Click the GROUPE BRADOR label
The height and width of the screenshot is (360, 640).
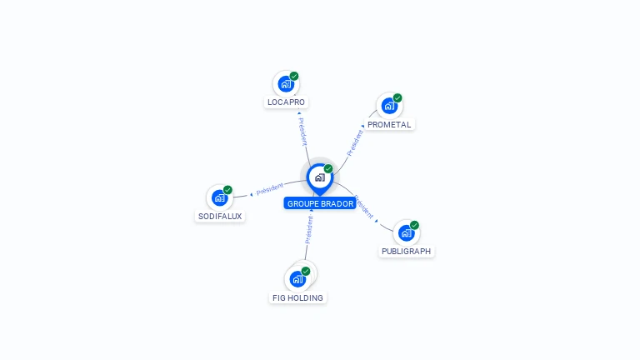click(320, 203)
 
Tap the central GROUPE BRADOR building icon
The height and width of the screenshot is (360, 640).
click(319, 177)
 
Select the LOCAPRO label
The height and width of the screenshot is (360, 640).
click(286, 102)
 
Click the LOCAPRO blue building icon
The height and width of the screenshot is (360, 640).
click(286, 84)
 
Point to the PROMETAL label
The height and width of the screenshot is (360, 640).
click(389, 124)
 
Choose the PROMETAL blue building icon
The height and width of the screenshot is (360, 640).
click(389, 106)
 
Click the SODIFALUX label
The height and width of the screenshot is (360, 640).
click(220, 216)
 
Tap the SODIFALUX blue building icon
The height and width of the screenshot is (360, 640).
click(219, 197)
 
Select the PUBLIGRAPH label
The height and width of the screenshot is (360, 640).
click(407, 251)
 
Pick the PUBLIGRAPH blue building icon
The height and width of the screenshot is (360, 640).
click(406, 232)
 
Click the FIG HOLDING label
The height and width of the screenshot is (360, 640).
click(297, 297)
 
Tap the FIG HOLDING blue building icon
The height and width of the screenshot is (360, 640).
click(297, 279)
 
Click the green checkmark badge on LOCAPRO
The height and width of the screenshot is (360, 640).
click(294, 77)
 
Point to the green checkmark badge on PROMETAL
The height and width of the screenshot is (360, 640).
click(397, 98)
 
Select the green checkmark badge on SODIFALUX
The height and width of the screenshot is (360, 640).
click(227, 190)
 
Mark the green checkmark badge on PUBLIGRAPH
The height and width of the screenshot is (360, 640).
click(414, 225)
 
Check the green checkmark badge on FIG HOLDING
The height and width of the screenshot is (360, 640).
click(306, 272)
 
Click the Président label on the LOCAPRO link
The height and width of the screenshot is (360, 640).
click(302, 131)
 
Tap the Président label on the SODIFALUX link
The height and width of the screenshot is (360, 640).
click(270, 189)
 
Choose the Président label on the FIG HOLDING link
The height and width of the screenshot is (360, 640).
click(308, 229)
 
